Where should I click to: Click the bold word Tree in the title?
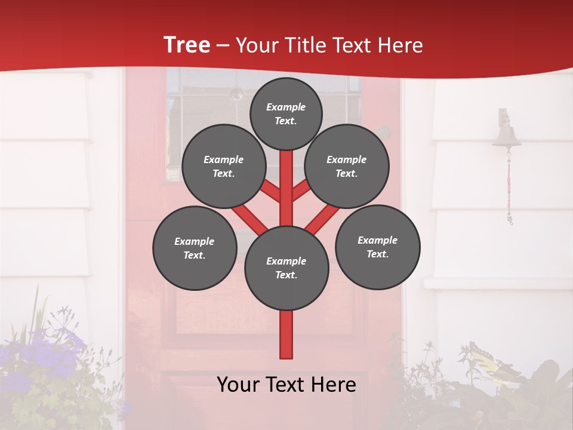pyautogui.click(x=186, y=45)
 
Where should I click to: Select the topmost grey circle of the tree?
pyautogui.click(x=286, y=113)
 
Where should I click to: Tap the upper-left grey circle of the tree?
pyautogui.click(x=224, y=167)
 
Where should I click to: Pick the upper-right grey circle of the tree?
pyautogui.click(x=347, y=167)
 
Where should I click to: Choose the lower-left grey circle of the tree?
pyautogui.click(x=195, y=248)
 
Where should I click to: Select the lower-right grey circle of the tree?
pyautogui.click(x=377, y=247)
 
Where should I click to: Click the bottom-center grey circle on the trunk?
pyautogui.click(x=286, y=268)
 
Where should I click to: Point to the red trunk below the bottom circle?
pyautogui.click(x=286, y=334)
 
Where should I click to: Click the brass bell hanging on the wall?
pyautogui.click(x=506, y=136)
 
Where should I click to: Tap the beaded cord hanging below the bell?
pyautogui.click(x=509, y=185)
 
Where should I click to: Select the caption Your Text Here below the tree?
pyautogui.click(x=286, y=385)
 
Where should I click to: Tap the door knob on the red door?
pyautogui.click(x=384, y=132)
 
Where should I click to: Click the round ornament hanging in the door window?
pyautogui.click(x=237, y=94)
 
